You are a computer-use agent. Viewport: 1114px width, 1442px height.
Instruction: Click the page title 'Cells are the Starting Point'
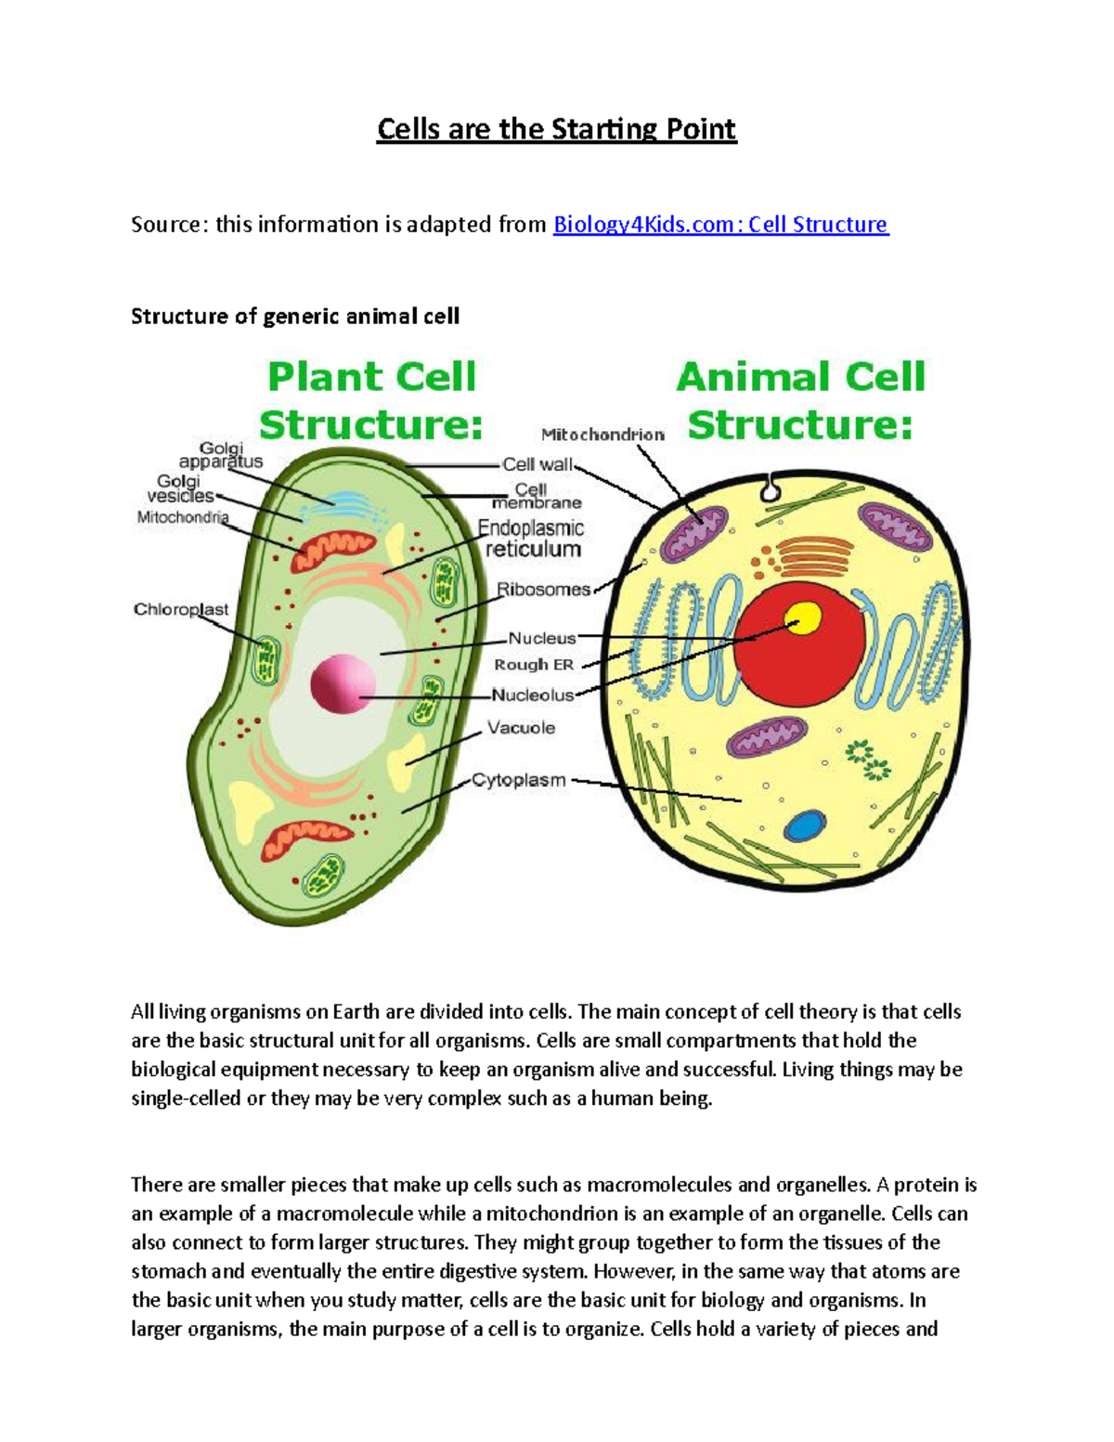556,128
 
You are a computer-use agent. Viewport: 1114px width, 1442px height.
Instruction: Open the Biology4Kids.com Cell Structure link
720,225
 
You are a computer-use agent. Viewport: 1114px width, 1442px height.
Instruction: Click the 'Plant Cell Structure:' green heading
371,401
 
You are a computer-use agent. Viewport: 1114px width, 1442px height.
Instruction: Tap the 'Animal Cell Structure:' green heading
800,401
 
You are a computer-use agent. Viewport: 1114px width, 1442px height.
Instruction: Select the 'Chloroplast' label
181,609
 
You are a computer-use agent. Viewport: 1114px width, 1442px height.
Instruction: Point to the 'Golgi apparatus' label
221,454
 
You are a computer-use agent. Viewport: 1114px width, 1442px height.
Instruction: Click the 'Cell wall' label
537,464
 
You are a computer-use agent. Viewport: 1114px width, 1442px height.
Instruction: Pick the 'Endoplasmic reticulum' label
532,539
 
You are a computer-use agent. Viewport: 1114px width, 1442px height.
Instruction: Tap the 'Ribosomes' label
543,590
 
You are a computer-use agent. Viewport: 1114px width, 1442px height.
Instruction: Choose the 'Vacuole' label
521,728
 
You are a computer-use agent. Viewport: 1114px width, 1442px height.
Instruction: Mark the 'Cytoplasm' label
518,780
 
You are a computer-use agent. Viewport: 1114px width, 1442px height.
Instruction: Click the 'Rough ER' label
534,665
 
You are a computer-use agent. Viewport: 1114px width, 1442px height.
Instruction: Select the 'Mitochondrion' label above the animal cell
602,435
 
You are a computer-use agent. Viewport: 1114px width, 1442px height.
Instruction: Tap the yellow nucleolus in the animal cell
803,618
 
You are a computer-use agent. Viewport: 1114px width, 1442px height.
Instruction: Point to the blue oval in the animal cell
804,826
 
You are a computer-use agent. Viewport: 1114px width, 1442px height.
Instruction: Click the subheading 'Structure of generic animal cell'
295,317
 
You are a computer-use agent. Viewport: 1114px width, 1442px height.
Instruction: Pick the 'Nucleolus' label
533,695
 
